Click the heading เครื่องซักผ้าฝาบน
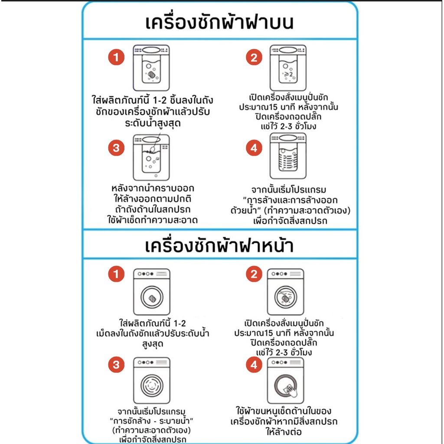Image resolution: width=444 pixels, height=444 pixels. (x=219, y=22)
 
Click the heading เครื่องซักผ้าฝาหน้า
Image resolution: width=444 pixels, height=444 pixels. (x=219, y=245)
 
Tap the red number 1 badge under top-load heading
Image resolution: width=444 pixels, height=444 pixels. (x=116, y=57)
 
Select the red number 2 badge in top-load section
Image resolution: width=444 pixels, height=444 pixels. (x=254, y=57)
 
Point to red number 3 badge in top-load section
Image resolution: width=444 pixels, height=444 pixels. (x=116, y=148)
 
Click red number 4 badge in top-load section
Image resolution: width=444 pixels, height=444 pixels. (x=254, y=148)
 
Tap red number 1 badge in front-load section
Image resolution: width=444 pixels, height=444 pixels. (x=116, y=274)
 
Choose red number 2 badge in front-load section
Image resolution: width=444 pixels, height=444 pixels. (x=254, y=274)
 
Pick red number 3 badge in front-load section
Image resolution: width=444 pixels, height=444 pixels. (x=116, y=364)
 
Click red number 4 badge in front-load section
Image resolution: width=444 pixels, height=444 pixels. (x=254, y=364)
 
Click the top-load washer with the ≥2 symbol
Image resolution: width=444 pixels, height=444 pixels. (x=288, y=68)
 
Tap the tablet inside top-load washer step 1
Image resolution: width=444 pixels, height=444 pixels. (x=151, y=75)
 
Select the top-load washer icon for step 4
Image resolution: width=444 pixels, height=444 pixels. (x=288, y=156)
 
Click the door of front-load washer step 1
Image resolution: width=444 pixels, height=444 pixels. (x=152, y=297)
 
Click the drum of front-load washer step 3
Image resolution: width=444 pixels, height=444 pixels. (x=152, y=385)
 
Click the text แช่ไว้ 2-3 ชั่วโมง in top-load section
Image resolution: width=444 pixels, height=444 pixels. (x=288, y=126)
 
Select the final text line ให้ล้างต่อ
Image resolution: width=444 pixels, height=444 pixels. (x=284, y=431)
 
